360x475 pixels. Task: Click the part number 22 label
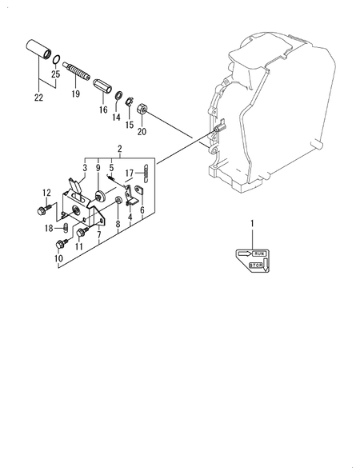tap(38, 98)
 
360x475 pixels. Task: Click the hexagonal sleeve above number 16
tap(102, 85)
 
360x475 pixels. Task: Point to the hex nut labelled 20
tap(142, 109)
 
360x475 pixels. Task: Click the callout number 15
tap(130, 125)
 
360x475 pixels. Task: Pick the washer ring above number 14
tap(118, 96)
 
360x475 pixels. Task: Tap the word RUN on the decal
tap(259, 253)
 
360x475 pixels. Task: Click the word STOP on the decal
tap(255, 265)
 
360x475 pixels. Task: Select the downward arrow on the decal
tap(266, 264)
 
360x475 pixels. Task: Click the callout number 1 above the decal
tap(252, 224)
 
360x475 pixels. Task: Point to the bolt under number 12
tap(44, 210)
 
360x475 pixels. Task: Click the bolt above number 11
tap(82, 233)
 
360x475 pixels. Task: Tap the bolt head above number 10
tap(59, 244)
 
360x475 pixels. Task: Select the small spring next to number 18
tap(66, 228)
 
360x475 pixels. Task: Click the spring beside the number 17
tap(146, 174)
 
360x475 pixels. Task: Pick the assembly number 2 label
tap(120, 149)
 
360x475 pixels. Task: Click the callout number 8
tap(118, 224)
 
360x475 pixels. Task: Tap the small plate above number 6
tap(138, 190)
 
